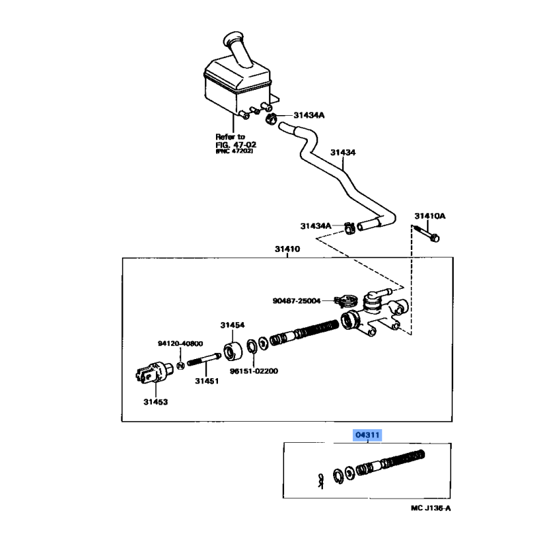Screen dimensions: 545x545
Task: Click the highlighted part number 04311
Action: click(x=367, y=435)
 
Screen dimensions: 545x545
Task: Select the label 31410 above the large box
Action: click(x=287, y=249)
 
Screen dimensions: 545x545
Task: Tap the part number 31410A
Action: click(x=430, y=216)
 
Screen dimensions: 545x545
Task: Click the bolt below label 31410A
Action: click(x=426, y=234)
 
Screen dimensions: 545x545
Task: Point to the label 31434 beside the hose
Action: click(x=343, y=152)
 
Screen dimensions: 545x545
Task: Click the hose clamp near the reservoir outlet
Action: click(x=271, y=119)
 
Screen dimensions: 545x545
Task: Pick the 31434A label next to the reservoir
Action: click(x=309, y=115)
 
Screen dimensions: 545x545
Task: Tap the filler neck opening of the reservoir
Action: click(x=234, y=37)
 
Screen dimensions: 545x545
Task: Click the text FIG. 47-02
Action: click(x=236, y=144)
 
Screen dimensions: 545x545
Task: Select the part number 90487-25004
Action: click(x=296, y=300)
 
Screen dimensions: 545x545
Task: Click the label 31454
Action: click(x=232, y=325)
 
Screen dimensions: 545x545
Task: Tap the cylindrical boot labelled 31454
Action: click(x=232, y=352)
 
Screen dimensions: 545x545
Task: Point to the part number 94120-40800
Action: click(x=180, y=343)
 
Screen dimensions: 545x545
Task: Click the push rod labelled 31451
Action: click(x=204, y=360)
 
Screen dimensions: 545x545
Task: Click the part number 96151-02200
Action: click(x=253, y=371)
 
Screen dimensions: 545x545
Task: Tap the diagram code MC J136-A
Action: click(x=431, y=508)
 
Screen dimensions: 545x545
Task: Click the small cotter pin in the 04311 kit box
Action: click(x=320, y=481)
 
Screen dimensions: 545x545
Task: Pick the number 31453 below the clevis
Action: click(x=155, y=402)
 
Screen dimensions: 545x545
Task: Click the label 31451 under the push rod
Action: click(x=207, y=381)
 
